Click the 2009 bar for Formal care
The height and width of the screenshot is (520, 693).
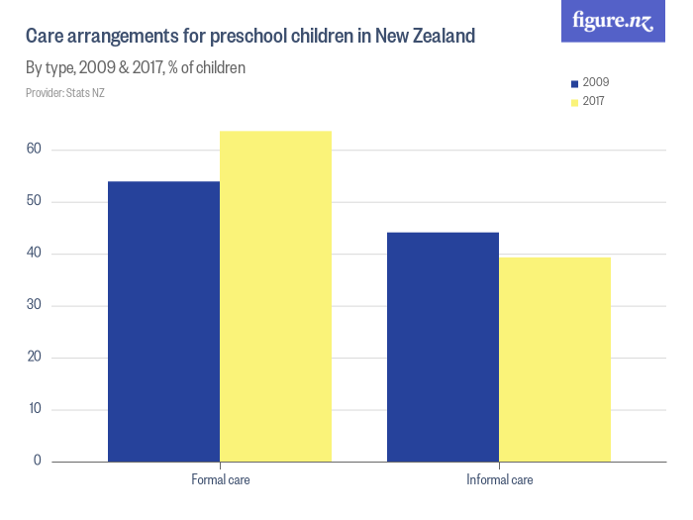pyautogui.click(x=163, y=321)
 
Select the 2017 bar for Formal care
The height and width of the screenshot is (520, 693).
pyautogui.click(x=275, y=296)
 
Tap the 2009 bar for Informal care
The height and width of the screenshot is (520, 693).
pyautogui.click(x=443, y=347)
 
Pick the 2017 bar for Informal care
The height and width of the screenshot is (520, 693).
pyautogui.click(x=554, y=359)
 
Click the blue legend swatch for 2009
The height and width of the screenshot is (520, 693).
pyautogui.click(x=574, y=83)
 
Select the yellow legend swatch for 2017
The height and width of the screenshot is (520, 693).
pyautogui.click(x=574, y=101)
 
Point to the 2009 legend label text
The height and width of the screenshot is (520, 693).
pyautogui.click(x=596, y=83)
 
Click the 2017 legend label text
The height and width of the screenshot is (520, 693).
pyautogui.click(x=596, y=101)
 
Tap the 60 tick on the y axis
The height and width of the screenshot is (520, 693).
pyautogui.click(x=34, y=150)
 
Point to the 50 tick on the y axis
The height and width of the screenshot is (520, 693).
pyautogui.click(x=34, y=202)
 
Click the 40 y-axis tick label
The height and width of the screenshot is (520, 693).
pyautogui.click(x=34, y=254)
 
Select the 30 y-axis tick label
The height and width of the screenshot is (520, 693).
pyautogui.click(x=34, y=305)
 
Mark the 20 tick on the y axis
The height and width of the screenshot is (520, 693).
pyautogui.click(x=34, y=358)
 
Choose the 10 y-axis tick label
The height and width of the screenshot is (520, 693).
pyautogui.click(x=34, y=409)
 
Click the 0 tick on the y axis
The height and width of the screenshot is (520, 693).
pyautogui.click(x=37, y=461)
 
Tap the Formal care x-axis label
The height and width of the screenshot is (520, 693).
pyautogui.click(x=220, y=480)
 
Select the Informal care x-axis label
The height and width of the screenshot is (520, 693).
pyautogui.click(x=499, y=480)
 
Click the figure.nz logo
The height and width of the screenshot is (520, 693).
pyautogui.click(x=614, y=21)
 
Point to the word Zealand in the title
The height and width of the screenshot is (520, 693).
pyautogui.click(x=439, y=37)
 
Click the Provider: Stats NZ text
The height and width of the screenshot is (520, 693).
pyautogui.click(x=64, y=93)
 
